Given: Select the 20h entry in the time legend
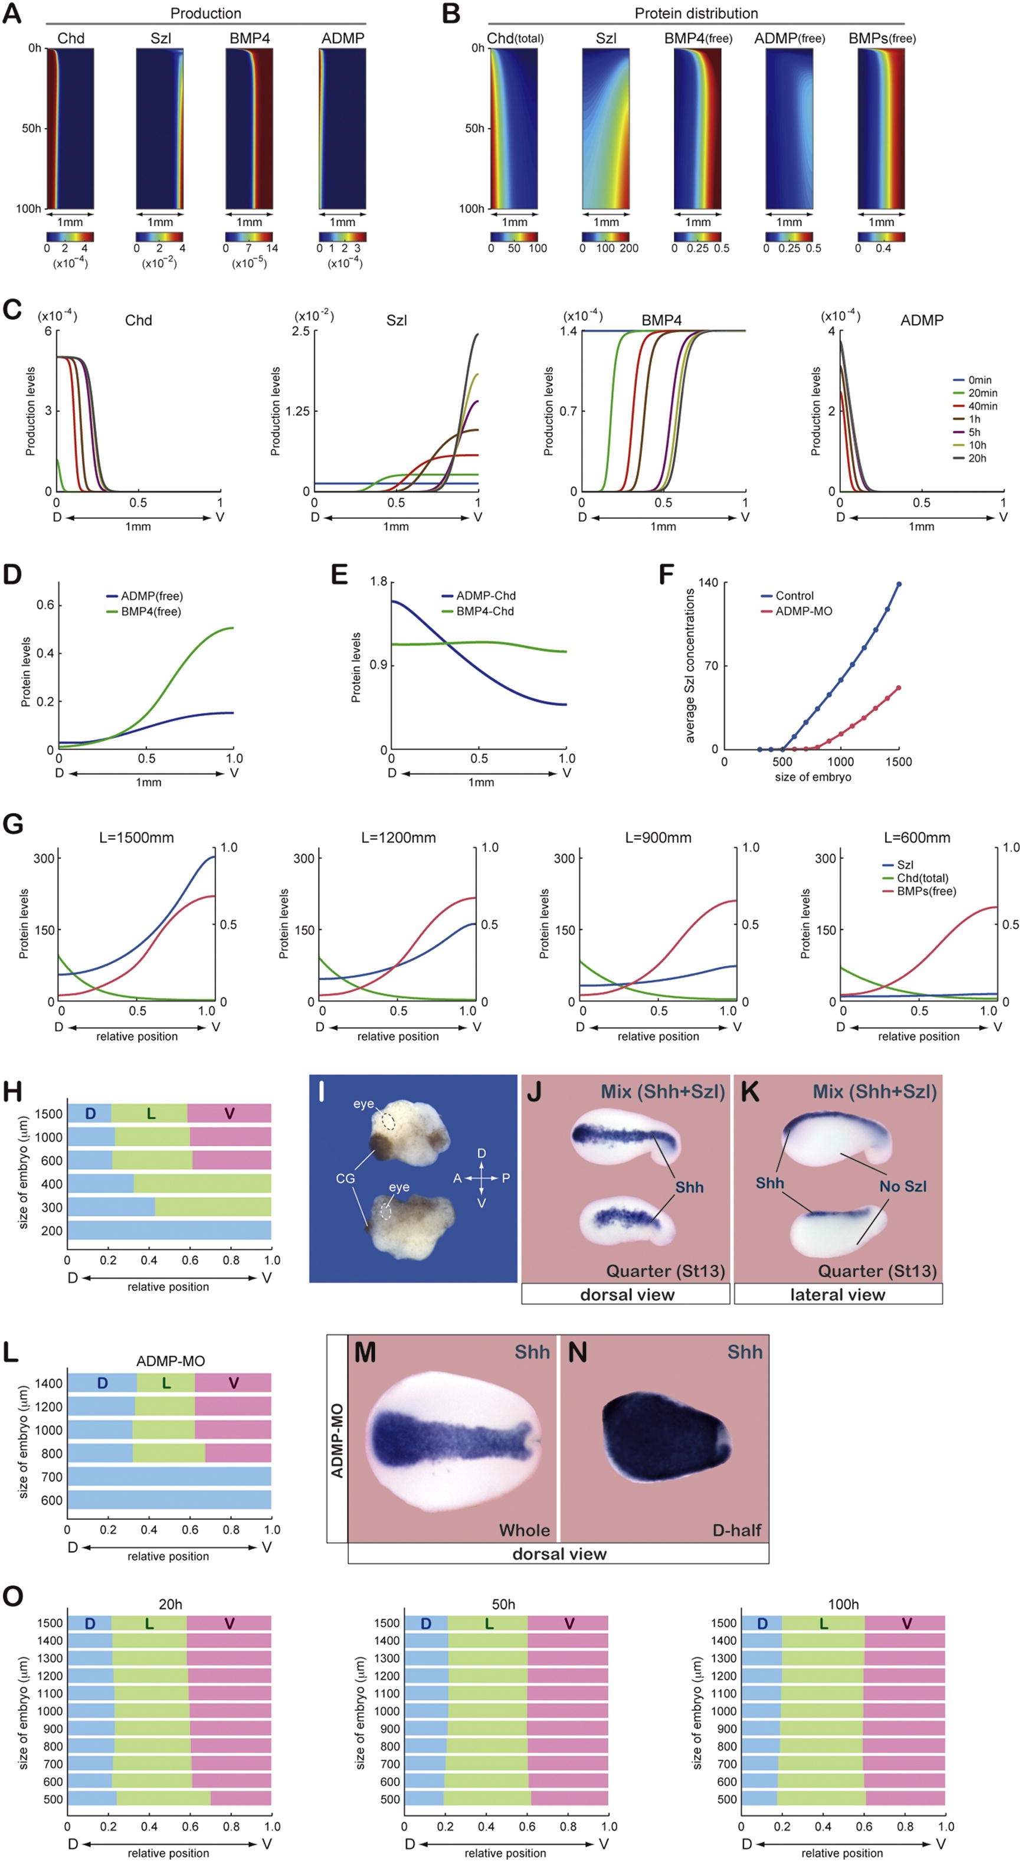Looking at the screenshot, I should [977, 459].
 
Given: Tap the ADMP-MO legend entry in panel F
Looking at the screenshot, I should [804, 611].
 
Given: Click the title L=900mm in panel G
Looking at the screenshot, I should [658, 838].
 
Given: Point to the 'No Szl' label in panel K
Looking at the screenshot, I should [903, 1186].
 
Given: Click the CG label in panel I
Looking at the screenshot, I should [345, 1178].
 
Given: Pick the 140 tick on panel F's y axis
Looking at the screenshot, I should [708, 583].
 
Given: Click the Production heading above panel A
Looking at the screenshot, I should [206, 13].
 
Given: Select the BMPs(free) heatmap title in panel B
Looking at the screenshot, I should [882, 38].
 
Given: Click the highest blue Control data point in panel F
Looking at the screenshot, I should [899, 584].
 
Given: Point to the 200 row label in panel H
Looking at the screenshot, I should [52, 1231].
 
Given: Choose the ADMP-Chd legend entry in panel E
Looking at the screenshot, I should [486, 595].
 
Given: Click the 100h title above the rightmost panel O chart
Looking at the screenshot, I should [843, 1604].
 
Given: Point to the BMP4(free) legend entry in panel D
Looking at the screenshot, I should [150, 611].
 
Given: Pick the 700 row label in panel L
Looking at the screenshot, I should [52, 1477].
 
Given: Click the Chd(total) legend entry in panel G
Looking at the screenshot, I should [922, 878].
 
